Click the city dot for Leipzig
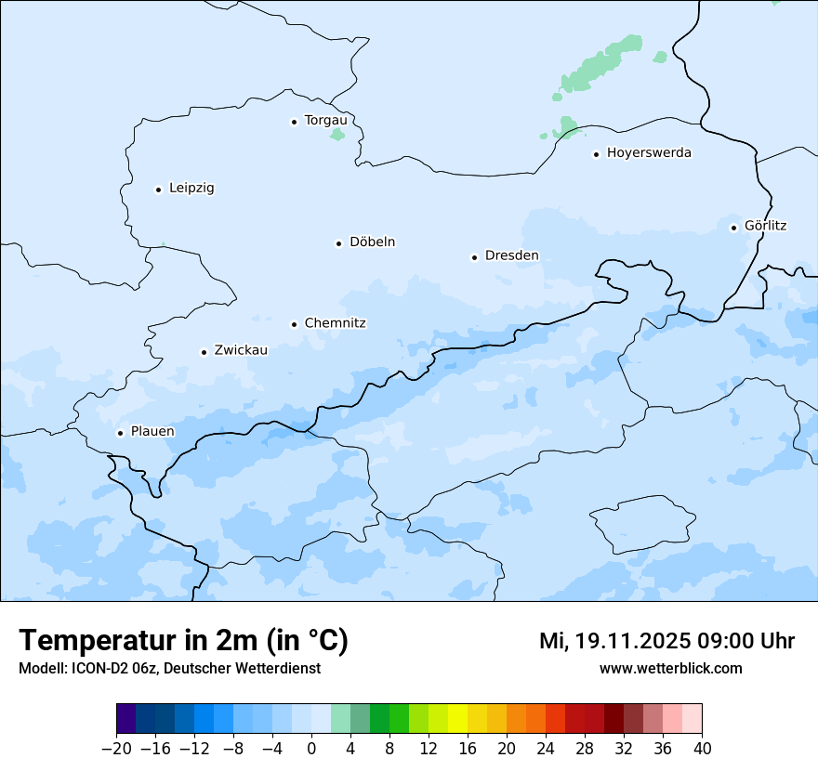point(158,189)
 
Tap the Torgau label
point(325,120)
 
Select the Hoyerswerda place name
point(649,152)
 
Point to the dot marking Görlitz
point(733,227)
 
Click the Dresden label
point(511,255)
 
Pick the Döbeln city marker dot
point(338,243)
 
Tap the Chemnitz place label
point(335,323)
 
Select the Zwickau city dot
point(204,352)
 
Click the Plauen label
point(152,431)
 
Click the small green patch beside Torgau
point(336,136)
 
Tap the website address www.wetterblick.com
point(670,668)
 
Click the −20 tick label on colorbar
point(116,749)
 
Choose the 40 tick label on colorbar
point(702,749)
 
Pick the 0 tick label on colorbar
point(311,749)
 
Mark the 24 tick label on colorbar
point(546,749)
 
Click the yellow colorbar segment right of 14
point(457,719)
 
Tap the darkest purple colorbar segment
point(125,719)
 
